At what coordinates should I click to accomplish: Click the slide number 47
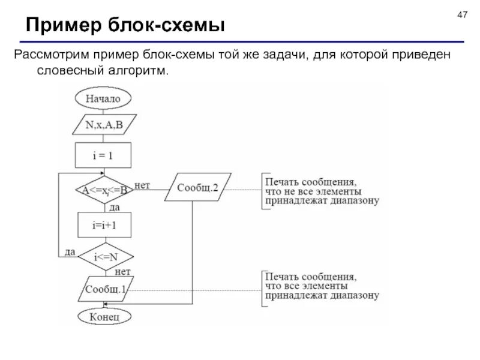(x=461, y=14)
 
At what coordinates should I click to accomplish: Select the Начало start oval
(x=103, y=98)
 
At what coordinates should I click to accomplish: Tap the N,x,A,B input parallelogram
(x=103, y=126)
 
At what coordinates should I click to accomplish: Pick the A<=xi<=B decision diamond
(x=103, y=190)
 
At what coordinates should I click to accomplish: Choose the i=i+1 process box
(x=103, y=226)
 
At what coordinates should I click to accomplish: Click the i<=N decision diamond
(x=103, y=257)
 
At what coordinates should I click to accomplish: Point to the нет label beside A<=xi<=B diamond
(x=142, y=185)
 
